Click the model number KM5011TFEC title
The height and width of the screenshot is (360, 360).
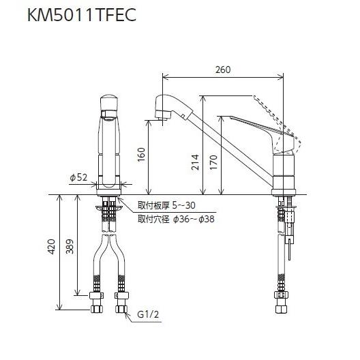[x=82, y=15]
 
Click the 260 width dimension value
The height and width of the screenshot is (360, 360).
[x=223, y=70]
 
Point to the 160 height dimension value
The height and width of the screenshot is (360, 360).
[x=141, y=155]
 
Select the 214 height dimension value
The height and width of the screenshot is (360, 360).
[x=195, y=162]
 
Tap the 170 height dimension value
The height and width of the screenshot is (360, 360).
[x=213, y=162]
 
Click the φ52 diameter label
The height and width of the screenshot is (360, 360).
[x=78, y=177]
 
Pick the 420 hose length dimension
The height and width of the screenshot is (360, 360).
[x=51, y=247]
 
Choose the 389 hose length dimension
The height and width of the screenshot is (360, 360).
[x=70, y=247]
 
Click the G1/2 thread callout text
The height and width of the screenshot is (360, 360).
[x=148, y=314]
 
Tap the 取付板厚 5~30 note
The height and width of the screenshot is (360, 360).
[x=166, y=205]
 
